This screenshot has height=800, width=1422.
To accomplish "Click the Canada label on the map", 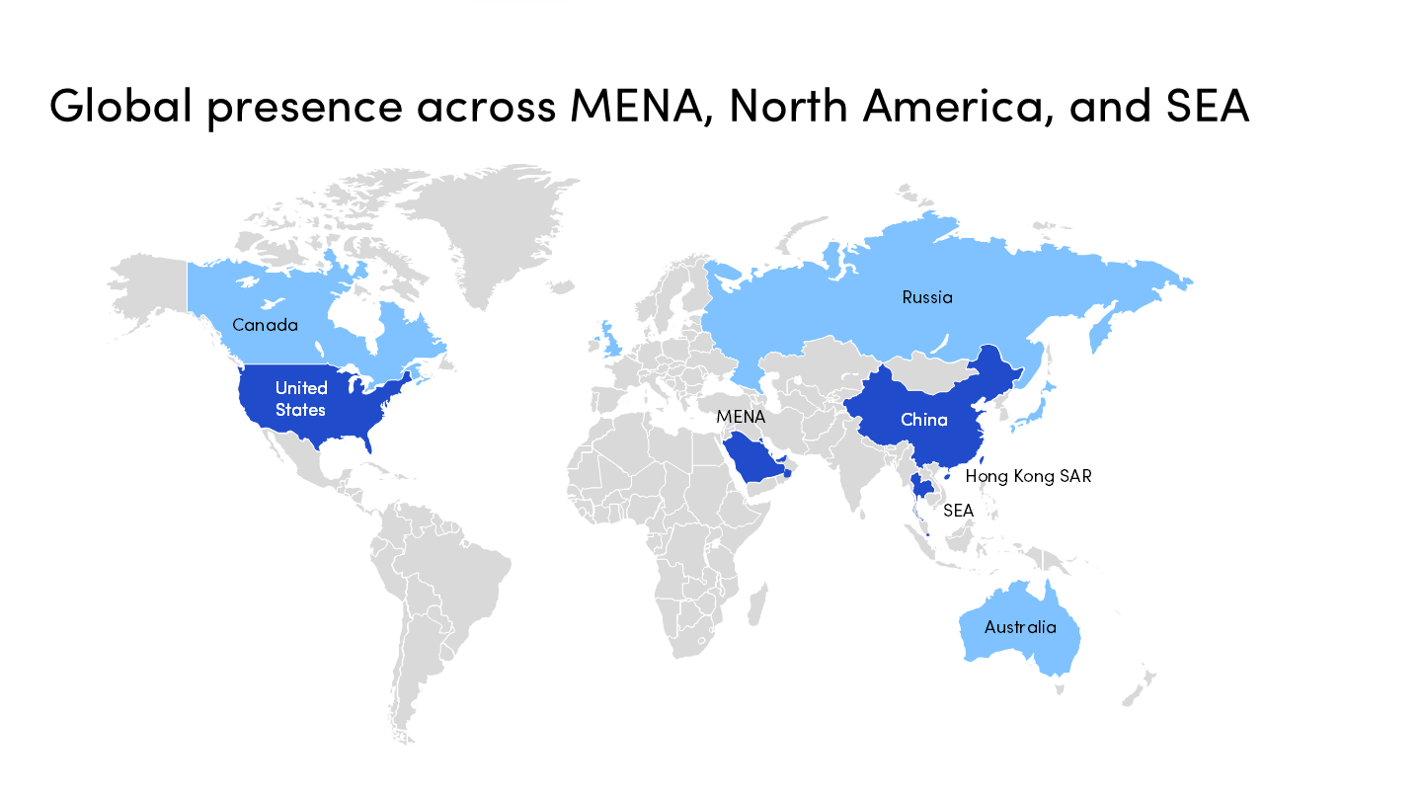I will [265, 324].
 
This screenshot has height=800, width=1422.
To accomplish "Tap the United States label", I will [301, 398].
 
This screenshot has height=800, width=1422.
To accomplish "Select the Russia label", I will [927, 296].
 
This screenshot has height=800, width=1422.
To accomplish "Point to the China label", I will [923, 420].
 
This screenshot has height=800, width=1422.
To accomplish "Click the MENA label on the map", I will [741, 417].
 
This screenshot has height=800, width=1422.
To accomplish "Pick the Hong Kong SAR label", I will [1028, 476].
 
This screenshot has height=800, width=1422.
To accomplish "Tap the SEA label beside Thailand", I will [958, 511].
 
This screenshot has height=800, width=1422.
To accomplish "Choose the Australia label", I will [1020, 627].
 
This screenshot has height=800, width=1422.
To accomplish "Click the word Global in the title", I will [120, 106].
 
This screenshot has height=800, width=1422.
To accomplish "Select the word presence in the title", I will [306, 106].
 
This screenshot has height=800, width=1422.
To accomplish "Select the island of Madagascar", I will [757, 602].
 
